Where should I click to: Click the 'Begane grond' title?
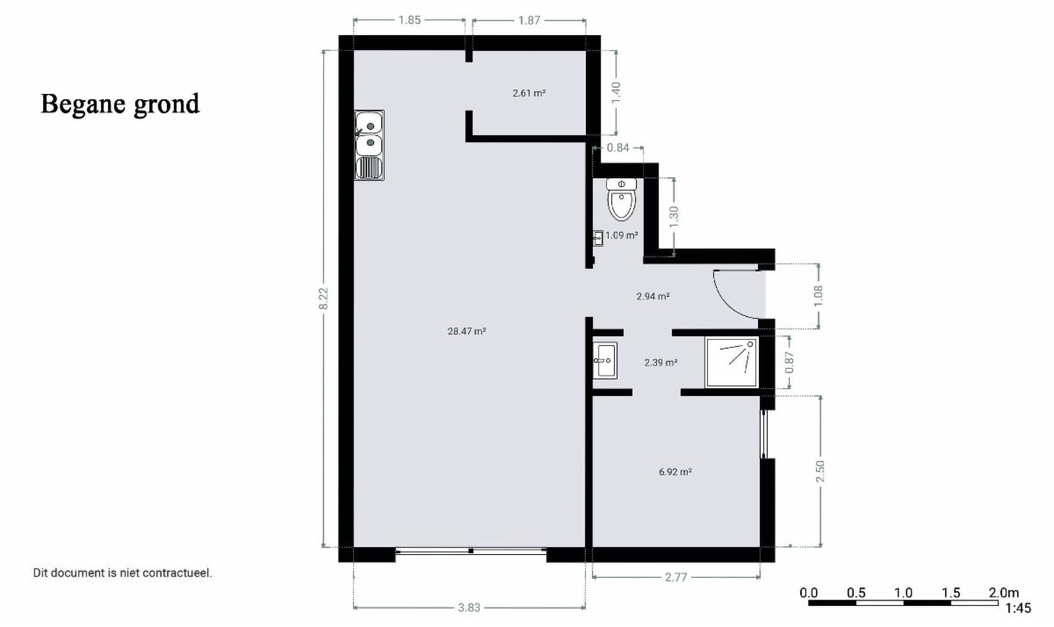pos(120,104)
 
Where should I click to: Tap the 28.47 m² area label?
pos(466,331)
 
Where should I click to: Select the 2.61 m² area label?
pos(529,93)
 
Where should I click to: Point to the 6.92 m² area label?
pos(675,472)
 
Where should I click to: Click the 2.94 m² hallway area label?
pos(653,296)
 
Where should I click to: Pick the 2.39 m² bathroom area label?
pos(661,363)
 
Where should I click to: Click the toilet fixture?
pos(622,199)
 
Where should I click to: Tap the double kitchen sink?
pos(370,146)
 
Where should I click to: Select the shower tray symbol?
pos(732,362)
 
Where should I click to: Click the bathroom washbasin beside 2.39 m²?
pos(604,361)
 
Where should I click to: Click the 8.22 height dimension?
pos(323,299)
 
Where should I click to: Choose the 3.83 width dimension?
pos(469,608)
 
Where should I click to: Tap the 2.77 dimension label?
pos(676,577)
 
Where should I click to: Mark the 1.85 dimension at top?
pos(409,20)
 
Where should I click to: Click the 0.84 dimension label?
pos(617,148)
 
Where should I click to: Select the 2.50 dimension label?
pos(820,471)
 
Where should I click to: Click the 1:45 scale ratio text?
pos(1018,609)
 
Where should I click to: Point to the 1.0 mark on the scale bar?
pos(904,593)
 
